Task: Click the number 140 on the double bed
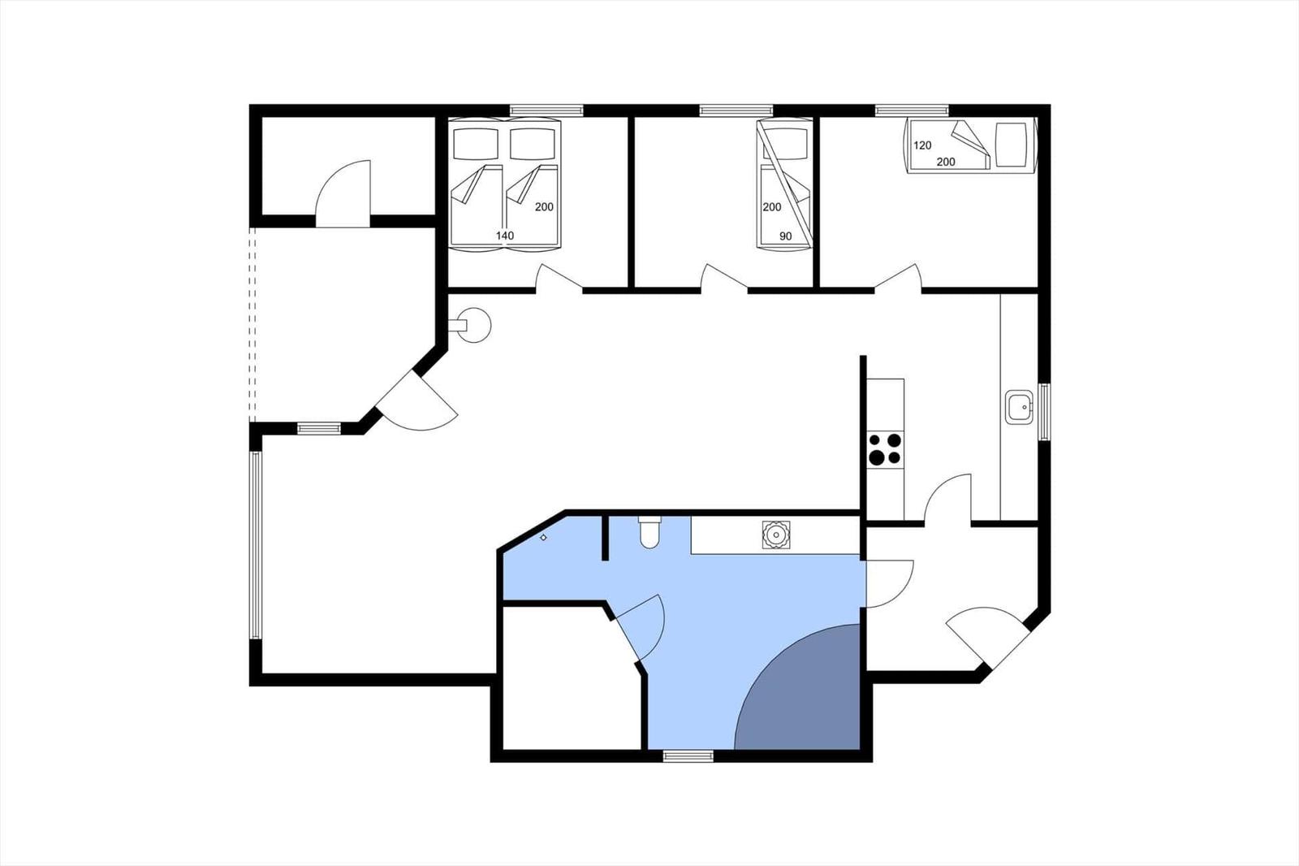504,236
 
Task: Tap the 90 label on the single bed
785,236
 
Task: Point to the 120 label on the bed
922,145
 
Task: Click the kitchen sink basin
1019,407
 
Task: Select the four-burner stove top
885,449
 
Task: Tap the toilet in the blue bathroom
649,531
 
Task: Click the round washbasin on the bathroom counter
776,535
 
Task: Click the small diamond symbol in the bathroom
543,538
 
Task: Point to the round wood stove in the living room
473,325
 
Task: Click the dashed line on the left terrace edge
252,324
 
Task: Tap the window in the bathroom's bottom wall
688,756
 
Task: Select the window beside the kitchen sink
1044,412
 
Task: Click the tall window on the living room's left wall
255,545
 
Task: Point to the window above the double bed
546,110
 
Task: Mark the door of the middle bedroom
723,277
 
